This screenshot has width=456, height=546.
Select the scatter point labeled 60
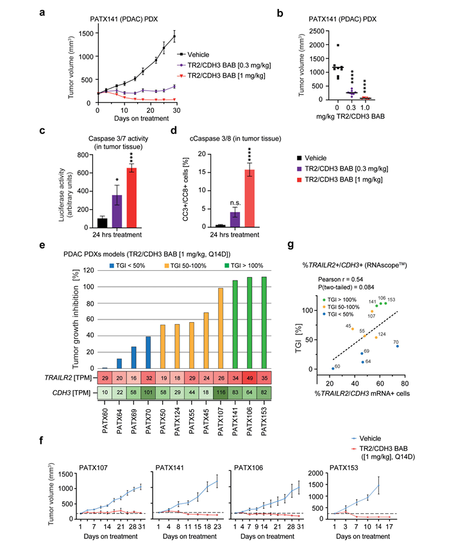(333, 368)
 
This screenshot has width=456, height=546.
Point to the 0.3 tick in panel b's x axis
(368, 107)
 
